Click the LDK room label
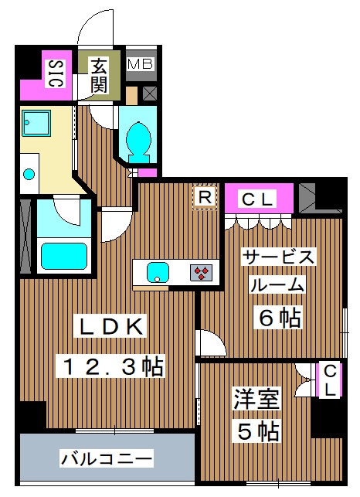[108, 327]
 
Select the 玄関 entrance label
[100, 74]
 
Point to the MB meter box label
[141, 64]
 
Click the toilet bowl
[138, 138]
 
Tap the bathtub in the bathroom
[64, 254]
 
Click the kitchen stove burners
[202, 271]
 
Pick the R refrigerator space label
[205, 197]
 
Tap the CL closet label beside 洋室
[329, 380]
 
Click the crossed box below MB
[149, 94]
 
